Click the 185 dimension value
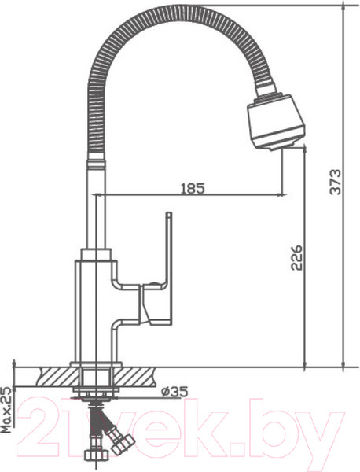coord(192,188)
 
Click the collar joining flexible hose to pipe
coord(96,164)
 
